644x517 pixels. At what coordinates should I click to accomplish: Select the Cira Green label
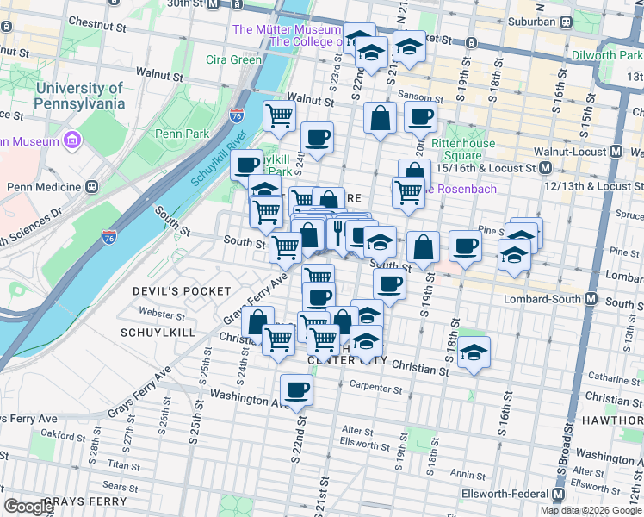233,59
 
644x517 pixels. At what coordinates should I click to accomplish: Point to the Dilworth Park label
606,55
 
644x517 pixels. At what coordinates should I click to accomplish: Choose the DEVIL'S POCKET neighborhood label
182,291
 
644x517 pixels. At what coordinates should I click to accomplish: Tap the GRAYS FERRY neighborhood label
84,501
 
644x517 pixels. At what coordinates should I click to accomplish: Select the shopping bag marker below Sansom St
380,117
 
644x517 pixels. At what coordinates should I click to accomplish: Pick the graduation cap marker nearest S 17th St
514,253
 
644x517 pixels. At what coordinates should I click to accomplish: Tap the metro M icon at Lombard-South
591,299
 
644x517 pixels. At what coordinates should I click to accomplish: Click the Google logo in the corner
29,507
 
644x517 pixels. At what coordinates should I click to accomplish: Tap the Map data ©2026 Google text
591,510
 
